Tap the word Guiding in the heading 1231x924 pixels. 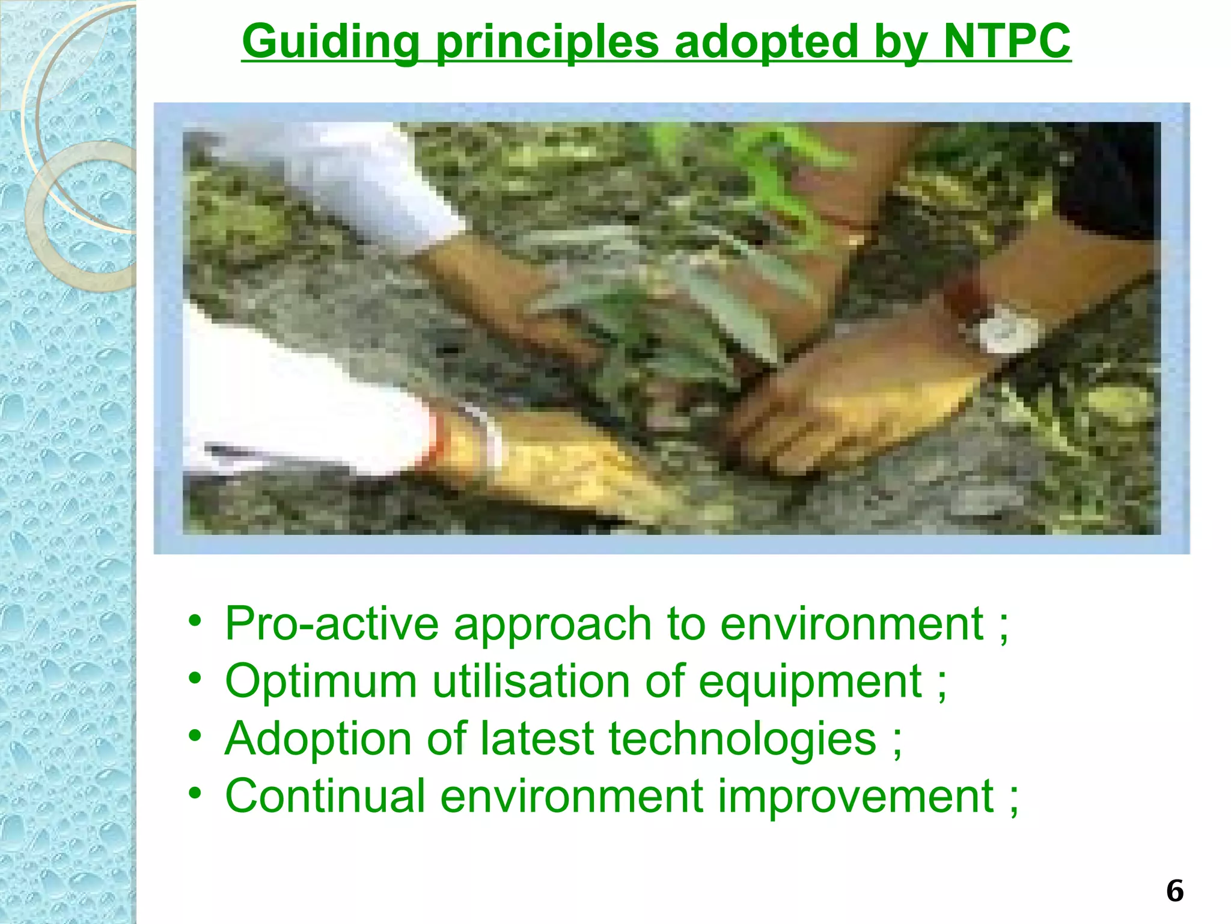pos(330,42)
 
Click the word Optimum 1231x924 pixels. pos(321,681)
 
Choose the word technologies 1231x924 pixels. pos(742,739)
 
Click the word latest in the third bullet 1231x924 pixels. pos(537,738)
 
